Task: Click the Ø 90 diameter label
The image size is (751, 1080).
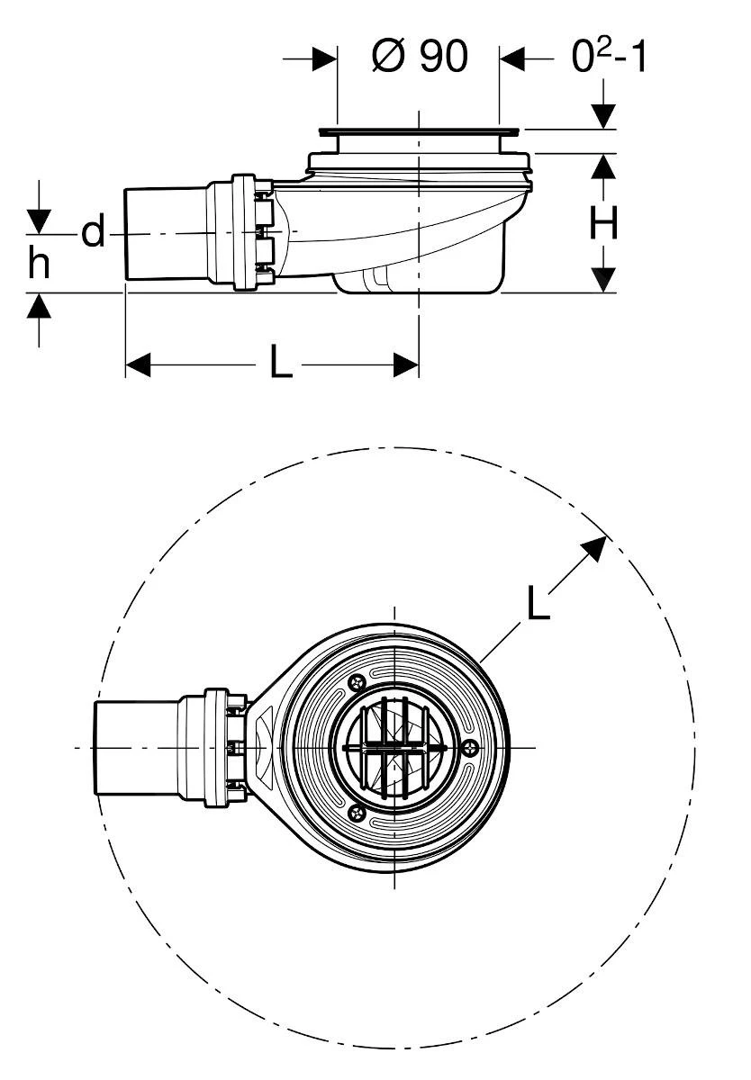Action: [x=420, y=56]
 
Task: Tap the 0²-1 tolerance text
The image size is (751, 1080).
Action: [x=609, y=56]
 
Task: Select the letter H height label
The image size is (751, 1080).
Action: [x=603, y=223]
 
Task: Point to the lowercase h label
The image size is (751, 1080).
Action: [x=39, y=262]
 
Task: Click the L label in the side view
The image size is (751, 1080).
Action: [x=281, y=361]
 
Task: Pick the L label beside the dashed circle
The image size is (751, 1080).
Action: [x=538, y=602]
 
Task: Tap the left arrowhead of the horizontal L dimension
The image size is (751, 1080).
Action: [x=138, y=364]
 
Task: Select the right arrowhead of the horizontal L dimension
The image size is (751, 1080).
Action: [x=405, y=364]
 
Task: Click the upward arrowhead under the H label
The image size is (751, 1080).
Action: [x=603, y=166]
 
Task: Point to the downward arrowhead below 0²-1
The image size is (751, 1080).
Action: [x=603, y=116]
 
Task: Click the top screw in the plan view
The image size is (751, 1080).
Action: [x=357, y=682]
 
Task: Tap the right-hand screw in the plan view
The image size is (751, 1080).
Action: [x=471, y=748]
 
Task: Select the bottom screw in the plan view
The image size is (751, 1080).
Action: [x=357, y=814]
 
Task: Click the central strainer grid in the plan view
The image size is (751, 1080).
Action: [x=395, y=748]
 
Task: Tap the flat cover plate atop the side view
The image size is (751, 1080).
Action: [x=419, y=131]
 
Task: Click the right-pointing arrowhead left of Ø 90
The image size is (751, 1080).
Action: [x=324, y=58]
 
